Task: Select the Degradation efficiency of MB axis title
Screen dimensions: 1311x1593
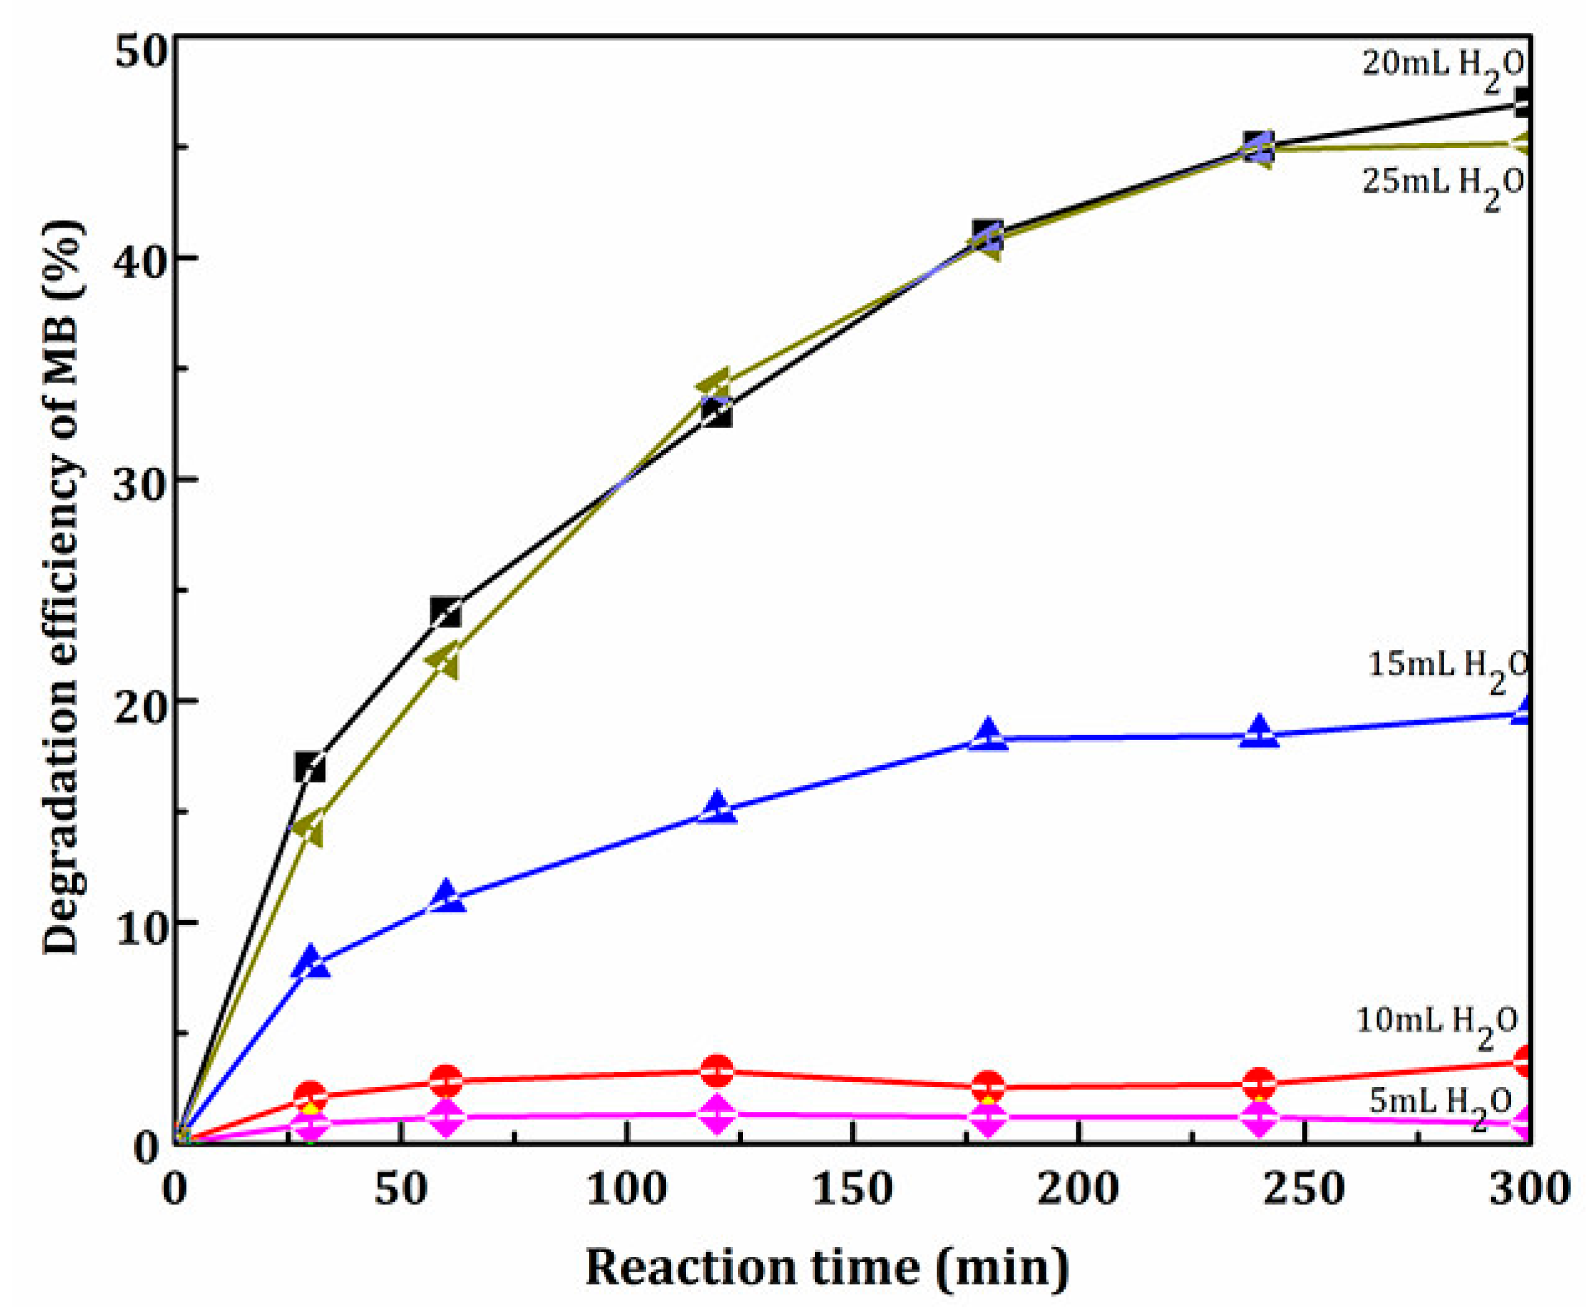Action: click(x=63, y=589)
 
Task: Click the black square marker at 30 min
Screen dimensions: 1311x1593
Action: click(x=310, y=769)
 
